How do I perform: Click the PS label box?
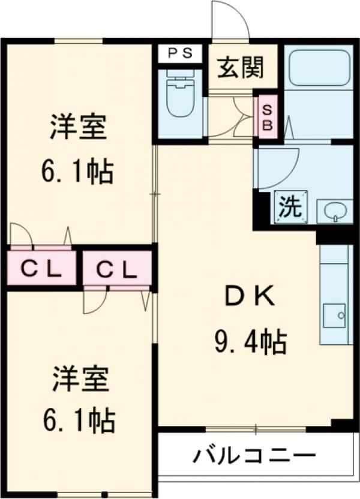click(180, 53)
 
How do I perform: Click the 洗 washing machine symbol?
click(290, 207)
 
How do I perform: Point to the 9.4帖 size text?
click(250, 342)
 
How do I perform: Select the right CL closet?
click(117, 271)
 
